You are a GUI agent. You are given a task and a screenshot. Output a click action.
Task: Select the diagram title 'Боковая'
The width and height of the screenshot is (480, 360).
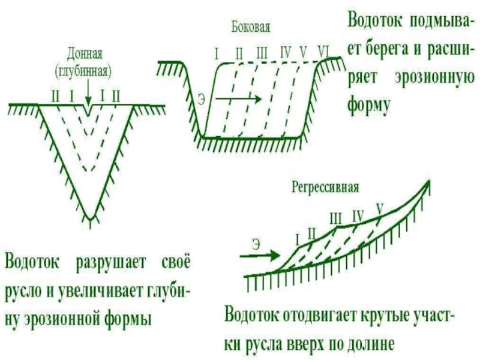[251, 28]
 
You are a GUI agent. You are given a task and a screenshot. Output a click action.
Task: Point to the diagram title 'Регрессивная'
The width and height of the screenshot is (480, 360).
[325, 187]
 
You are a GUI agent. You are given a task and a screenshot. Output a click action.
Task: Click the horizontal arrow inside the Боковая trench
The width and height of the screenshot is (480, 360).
[238, 98]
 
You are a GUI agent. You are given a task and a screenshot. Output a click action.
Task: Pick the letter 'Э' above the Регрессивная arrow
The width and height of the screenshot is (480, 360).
[256, 244]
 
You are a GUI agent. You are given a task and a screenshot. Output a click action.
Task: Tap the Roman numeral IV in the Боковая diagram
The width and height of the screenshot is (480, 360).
[286, 52]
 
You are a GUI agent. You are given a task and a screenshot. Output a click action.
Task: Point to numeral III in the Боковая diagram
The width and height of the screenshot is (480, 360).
[262, 52]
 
